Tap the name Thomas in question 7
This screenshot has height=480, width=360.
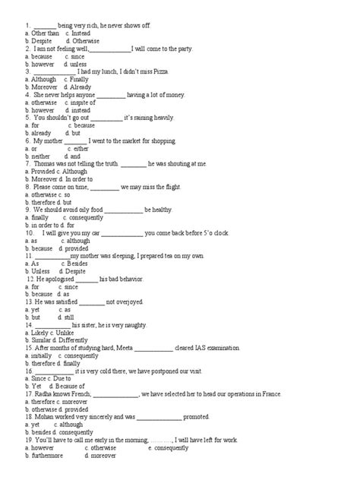point(45,163)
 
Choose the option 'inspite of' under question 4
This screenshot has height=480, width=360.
point(81,102)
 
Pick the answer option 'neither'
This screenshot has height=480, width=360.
point(40,156)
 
